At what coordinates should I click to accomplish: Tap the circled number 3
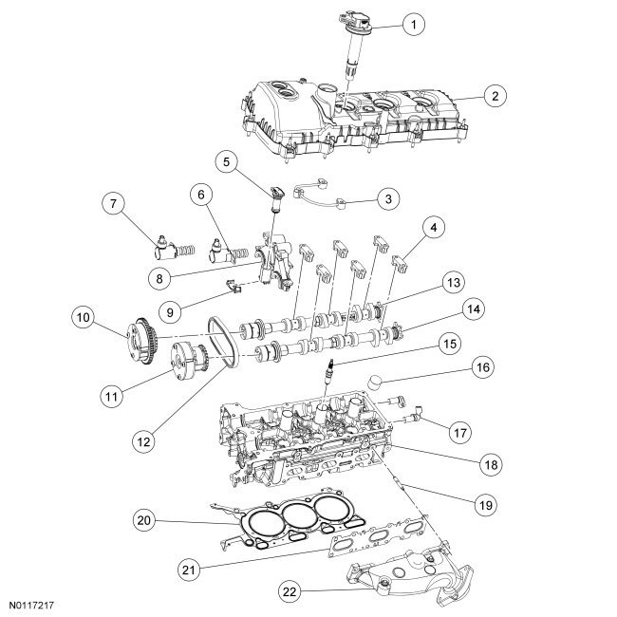pos(386,198)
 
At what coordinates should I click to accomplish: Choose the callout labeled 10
pos(84,314)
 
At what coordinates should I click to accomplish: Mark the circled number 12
pos(143,440)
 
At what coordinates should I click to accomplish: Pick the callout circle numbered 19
pos(485,507)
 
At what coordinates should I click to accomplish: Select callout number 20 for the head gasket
pos(143,519)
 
